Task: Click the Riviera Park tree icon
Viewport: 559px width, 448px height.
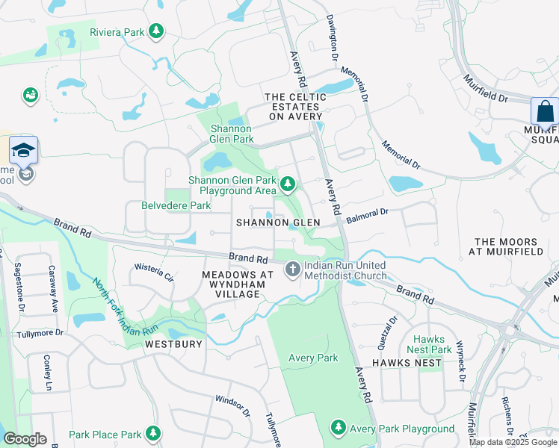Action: (156, 31)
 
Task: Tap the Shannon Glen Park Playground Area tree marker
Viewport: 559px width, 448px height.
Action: (287, 183)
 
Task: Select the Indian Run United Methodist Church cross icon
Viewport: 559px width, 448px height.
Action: (292, 268)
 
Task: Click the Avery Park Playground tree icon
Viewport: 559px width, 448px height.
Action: (339, 428)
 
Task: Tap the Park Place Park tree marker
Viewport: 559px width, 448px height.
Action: (153, 433)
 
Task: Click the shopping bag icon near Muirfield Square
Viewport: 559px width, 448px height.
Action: (544, 112)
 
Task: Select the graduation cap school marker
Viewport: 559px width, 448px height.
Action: (24, 150)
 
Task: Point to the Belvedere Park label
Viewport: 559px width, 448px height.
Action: (176, 205)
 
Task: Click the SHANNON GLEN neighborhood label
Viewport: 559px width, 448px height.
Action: (278, 223)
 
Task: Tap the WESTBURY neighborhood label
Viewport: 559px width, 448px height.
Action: (173, 344)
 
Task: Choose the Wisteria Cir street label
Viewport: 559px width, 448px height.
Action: (154, 271)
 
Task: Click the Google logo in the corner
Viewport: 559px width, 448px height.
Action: (25, 438)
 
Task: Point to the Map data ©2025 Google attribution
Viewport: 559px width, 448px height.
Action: (513, 442)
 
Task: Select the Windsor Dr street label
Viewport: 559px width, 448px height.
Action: (232, 406)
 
